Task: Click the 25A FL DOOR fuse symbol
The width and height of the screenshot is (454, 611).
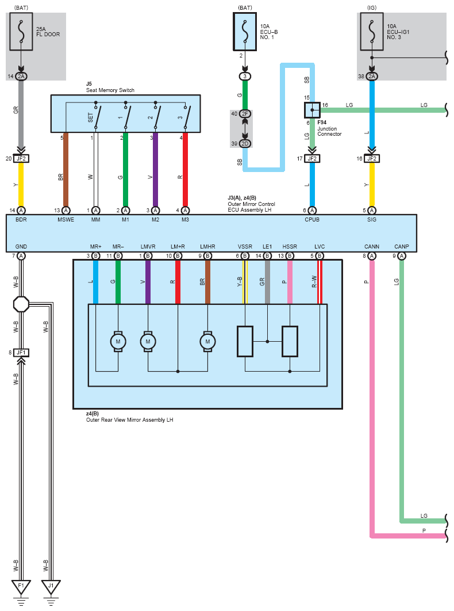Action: [21, 30]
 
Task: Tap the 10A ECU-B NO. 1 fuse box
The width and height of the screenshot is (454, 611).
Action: [245, 30]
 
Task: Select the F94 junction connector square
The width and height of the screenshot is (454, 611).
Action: [311, 110]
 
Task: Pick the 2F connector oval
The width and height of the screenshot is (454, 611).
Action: [245, 114]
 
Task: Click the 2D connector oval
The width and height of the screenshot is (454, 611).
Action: [245, 143]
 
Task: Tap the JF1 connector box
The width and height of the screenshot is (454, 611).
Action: [21, 352]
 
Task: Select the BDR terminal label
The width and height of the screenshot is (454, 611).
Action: [21, 220]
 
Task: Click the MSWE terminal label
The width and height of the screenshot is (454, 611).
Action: [66, 220]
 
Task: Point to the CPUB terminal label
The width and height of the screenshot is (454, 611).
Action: [312, 220]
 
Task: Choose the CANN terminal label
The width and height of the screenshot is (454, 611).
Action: [372, 247]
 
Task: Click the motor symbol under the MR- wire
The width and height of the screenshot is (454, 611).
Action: [118, 341]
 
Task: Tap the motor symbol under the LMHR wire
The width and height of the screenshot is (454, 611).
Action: [207, 341]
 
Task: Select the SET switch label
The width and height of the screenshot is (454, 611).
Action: [90, 118]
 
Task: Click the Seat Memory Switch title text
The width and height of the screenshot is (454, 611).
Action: [102, 90]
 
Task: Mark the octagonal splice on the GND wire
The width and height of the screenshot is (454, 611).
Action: [21, 304]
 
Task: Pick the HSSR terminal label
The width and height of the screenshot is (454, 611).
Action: [290, 247]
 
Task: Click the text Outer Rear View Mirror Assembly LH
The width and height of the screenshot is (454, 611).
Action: [129, 420]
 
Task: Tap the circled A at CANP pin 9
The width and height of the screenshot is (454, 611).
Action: [402, 255]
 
